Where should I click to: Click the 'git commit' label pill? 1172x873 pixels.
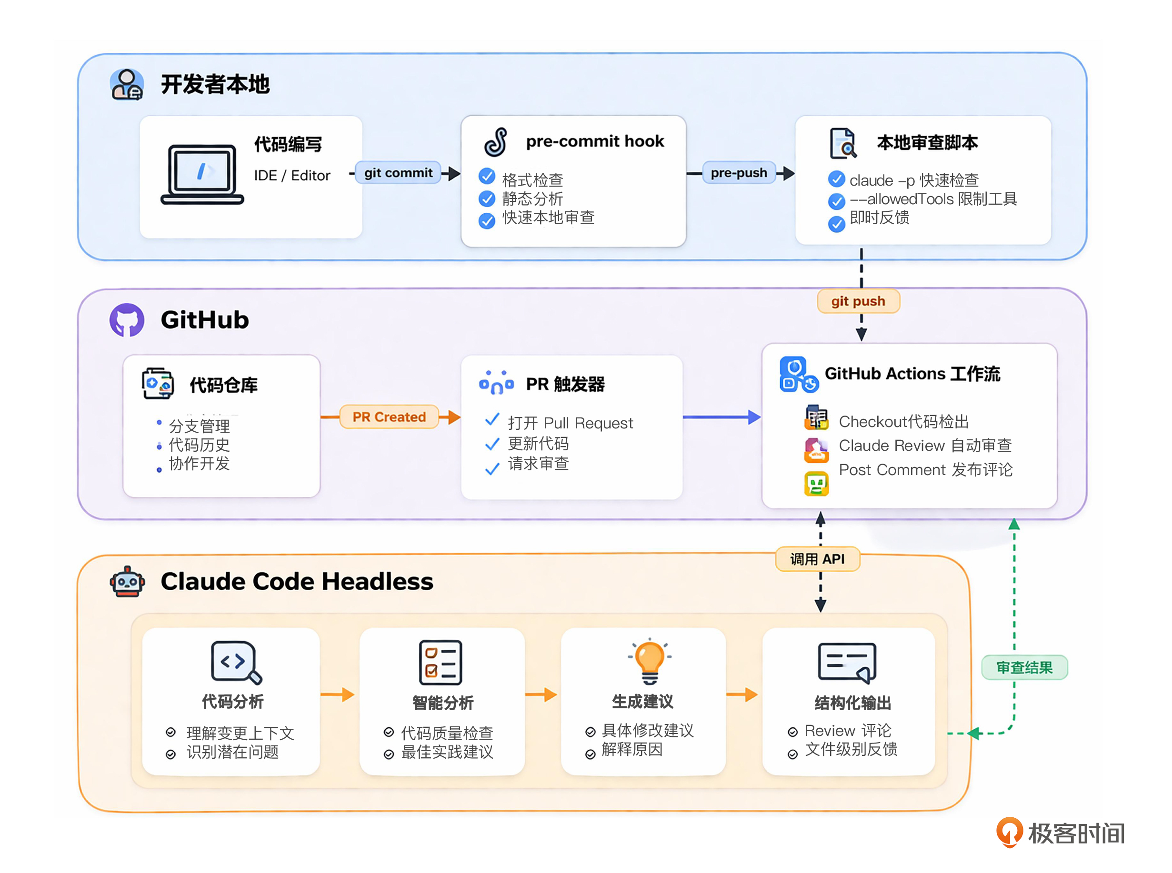[x=398, y=173]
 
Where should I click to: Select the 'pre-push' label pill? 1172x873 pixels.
[x=738, y=173]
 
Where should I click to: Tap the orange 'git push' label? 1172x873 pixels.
[x=858, y=301]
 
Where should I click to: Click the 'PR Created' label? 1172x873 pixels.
[x=389, y=417]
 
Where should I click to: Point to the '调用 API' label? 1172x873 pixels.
[x=817, y=559]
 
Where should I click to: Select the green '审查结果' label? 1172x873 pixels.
[x=1024, y=667]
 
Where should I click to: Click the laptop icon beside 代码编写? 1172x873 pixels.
[x=202, y=174]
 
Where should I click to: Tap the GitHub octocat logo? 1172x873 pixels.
[x=127, y=320]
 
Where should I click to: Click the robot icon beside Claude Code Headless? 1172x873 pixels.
[x=127, y=582]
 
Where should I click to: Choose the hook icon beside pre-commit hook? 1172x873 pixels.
[x=495, y=142]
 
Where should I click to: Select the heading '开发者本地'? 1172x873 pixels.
[x=215, y=85]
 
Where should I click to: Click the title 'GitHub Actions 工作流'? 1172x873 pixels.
[x=912, y=374]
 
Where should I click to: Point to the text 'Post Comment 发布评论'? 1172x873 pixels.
[x=925, y=470]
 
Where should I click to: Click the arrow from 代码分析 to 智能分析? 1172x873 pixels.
[x=338, y=694]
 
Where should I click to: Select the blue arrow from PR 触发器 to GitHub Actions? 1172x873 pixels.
[x=721, y=417]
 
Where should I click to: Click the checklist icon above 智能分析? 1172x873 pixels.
[x=441, y=662]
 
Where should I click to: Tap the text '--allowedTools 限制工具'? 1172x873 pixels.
[x=933, y=199]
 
